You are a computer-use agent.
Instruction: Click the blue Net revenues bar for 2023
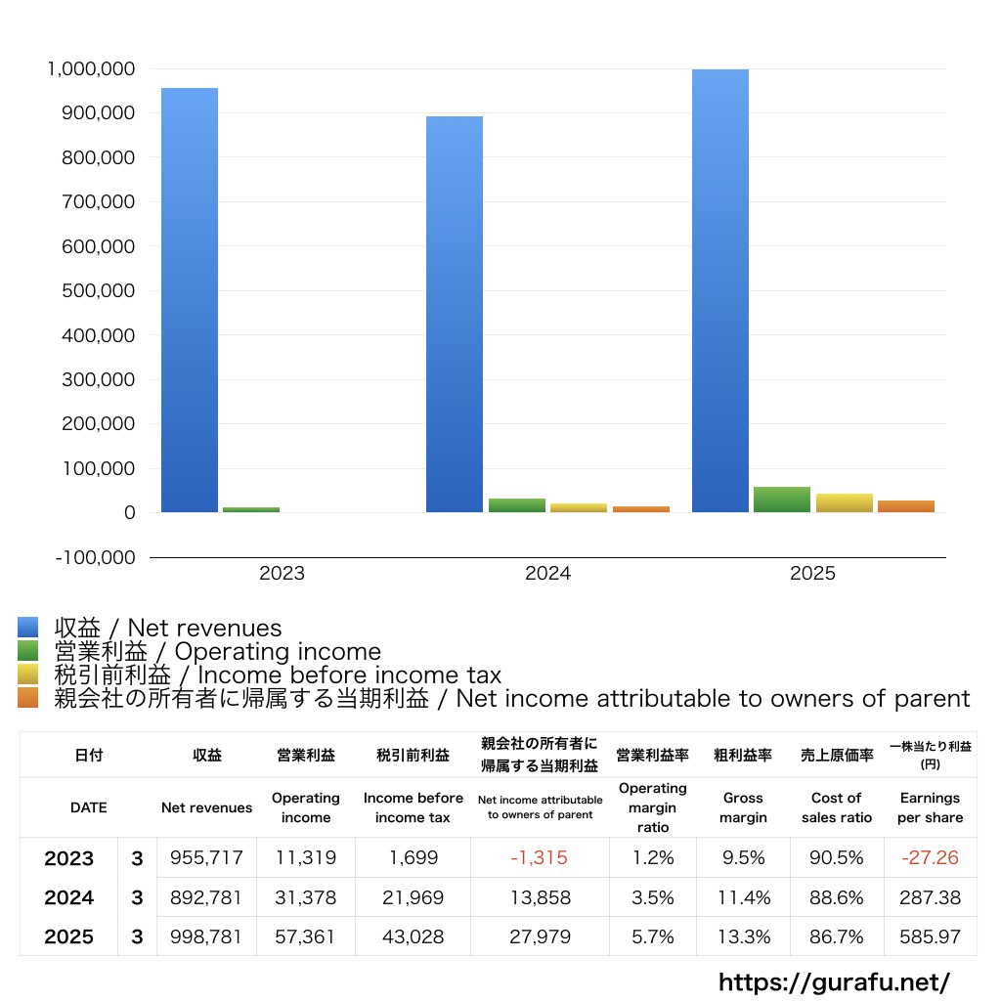(190, 299)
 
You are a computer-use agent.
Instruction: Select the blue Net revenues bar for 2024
(455, 314)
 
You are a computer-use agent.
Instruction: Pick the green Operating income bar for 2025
(782, 500)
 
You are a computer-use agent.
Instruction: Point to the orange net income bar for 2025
(906, 506)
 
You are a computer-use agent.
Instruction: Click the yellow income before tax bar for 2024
(579, 507)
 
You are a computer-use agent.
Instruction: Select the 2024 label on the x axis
(547, 574)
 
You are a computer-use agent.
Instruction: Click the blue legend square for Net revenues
(27, 628)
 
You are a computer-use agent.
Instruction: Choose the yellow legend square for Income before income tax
(27, 675)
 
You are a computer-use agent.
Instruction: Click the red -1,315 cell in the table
(539, 858)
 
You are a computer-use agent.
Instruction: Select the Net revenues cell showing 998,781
(206, 936)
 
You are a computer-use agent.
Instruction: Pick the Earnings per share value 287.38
(930, 897)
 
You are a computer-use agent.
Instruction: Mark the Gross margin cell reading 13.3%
(743, 936)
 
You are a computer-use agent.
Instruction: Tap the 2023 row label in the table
(69, 858)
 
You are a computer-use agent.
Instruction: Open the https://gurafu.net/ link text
(834, 981)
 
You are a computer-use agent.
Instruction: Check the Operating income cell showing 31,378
(305, 897)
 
